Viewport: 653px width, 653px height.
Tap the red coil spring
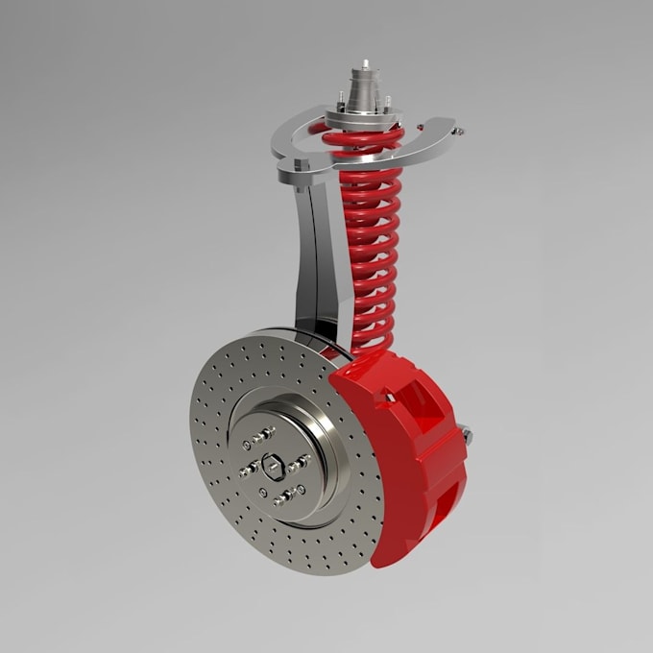click(x=370, y=250)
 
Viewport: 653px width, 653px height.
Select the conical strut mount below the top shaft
click(x=366, y=96)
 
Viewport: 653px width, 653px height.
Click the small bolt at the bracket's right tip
click(x=458, y=133)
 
